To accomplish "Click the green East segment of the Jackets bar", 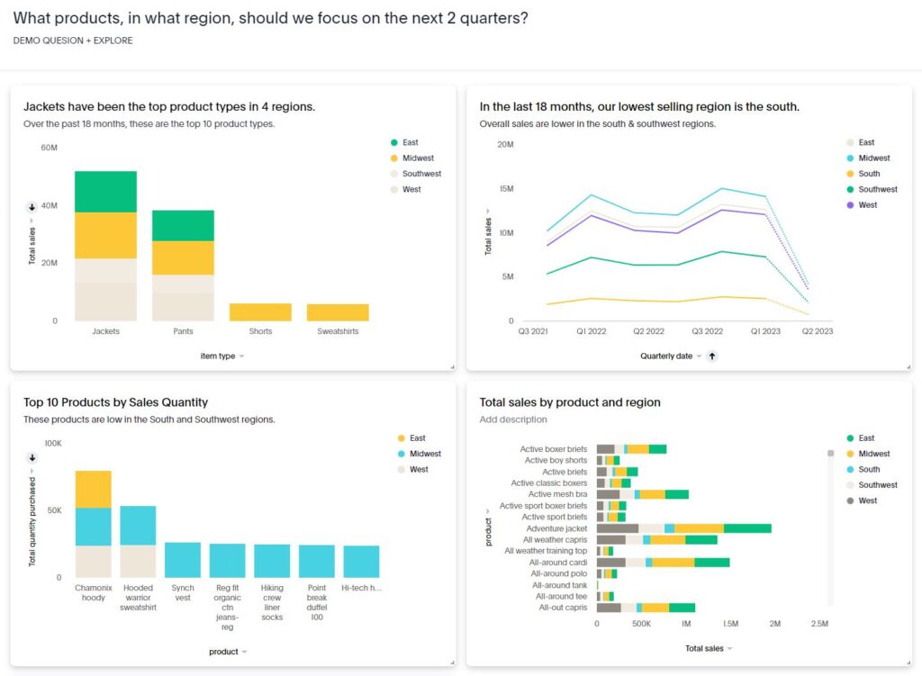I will pos(105,191).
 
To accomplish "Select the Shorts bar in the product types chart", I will pos(260,311).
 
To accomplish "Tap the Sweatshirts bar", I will pos(338,311).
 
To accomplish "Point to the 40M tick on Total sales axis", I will pos(49,206).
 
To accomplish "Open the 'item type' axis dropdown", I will pos(222,356).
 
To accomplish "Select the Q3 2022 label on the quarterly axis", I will pos(708,332).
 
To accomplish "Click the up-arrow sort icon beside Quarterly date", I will pos(712,356).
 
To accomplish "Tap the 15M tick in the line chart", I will pos(505,189).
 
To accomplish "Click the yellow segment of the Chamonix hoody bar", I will pos(93,489).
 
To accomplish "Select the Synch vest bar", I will pos(183,559).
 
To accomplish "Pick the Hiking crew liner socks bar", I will pos(272,560).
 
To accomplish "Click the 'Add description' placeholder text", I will pos(513,419).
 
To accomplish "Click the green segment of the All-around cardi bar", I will pos(711,563).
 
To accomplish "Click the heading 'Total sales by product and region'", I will pos(570,402).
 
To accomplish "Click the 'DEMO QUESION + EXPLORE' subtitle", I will pos(73,41).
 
